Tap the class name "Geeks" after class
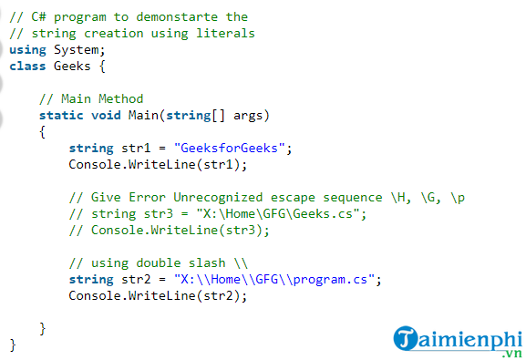[72, 66]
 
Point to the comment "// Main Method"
[91, 98]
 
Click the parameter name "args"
[251, 115]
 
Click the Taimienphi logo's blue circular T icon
[407, 339]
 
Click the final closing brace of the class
[13, 345]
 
